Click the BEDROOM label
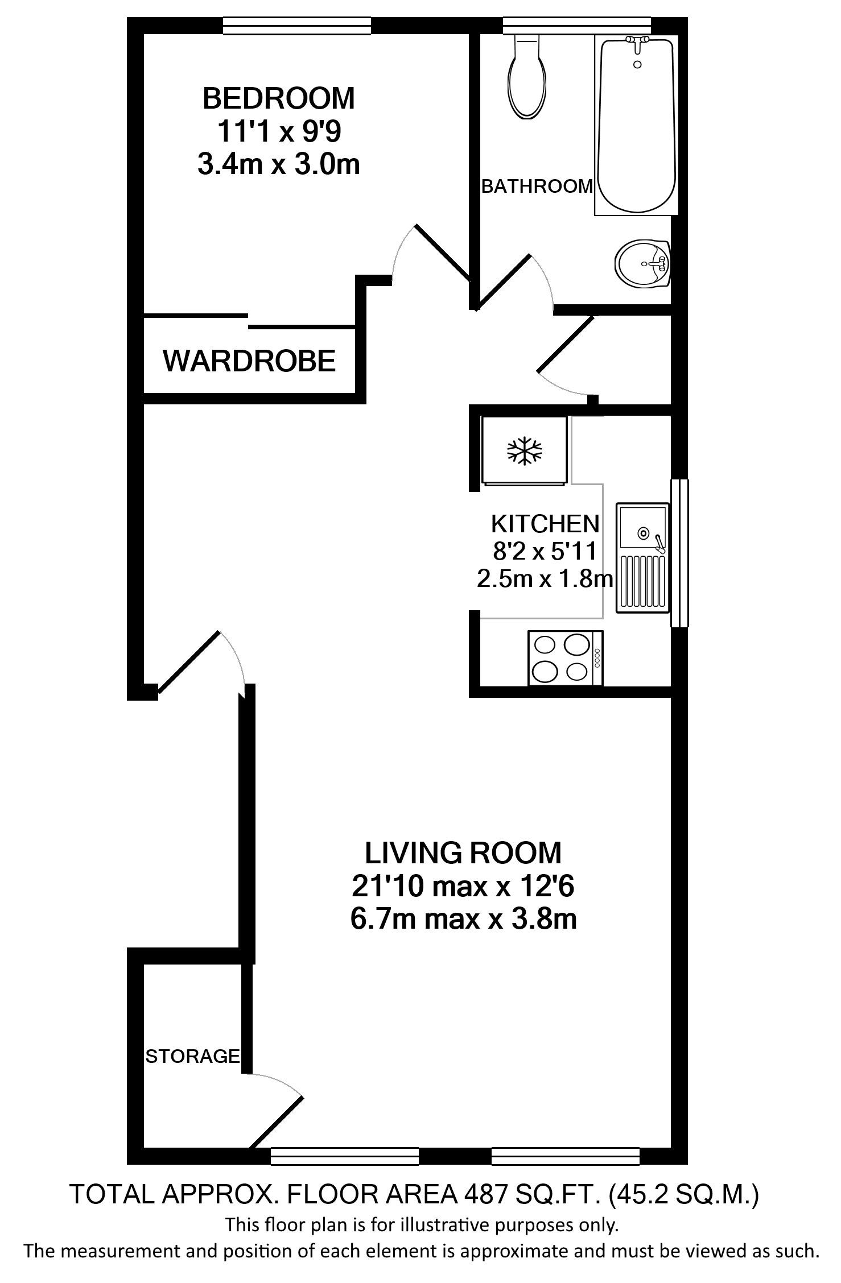(x=278, y=98)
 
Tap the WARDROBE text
(x=249, y=361)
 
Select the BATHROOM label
(x=537, y=186)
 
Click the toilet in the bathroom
(x=528, y=80)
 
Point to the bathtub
(x=636, y=125)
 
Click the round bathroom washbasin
(x=642, y=263)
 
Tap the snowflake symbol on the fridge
(x=525, y=451)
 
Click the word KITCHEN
(x=545, y=523)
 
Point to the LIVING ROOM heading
(x=463, y=853)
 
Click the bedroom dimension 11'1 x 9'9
(x=278, y=132)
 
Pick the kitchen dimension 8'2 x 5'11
(x=545, y=551)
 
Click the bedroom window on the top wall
(x=296, y=26)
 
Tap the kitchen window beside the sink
(x=679, y=553)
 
